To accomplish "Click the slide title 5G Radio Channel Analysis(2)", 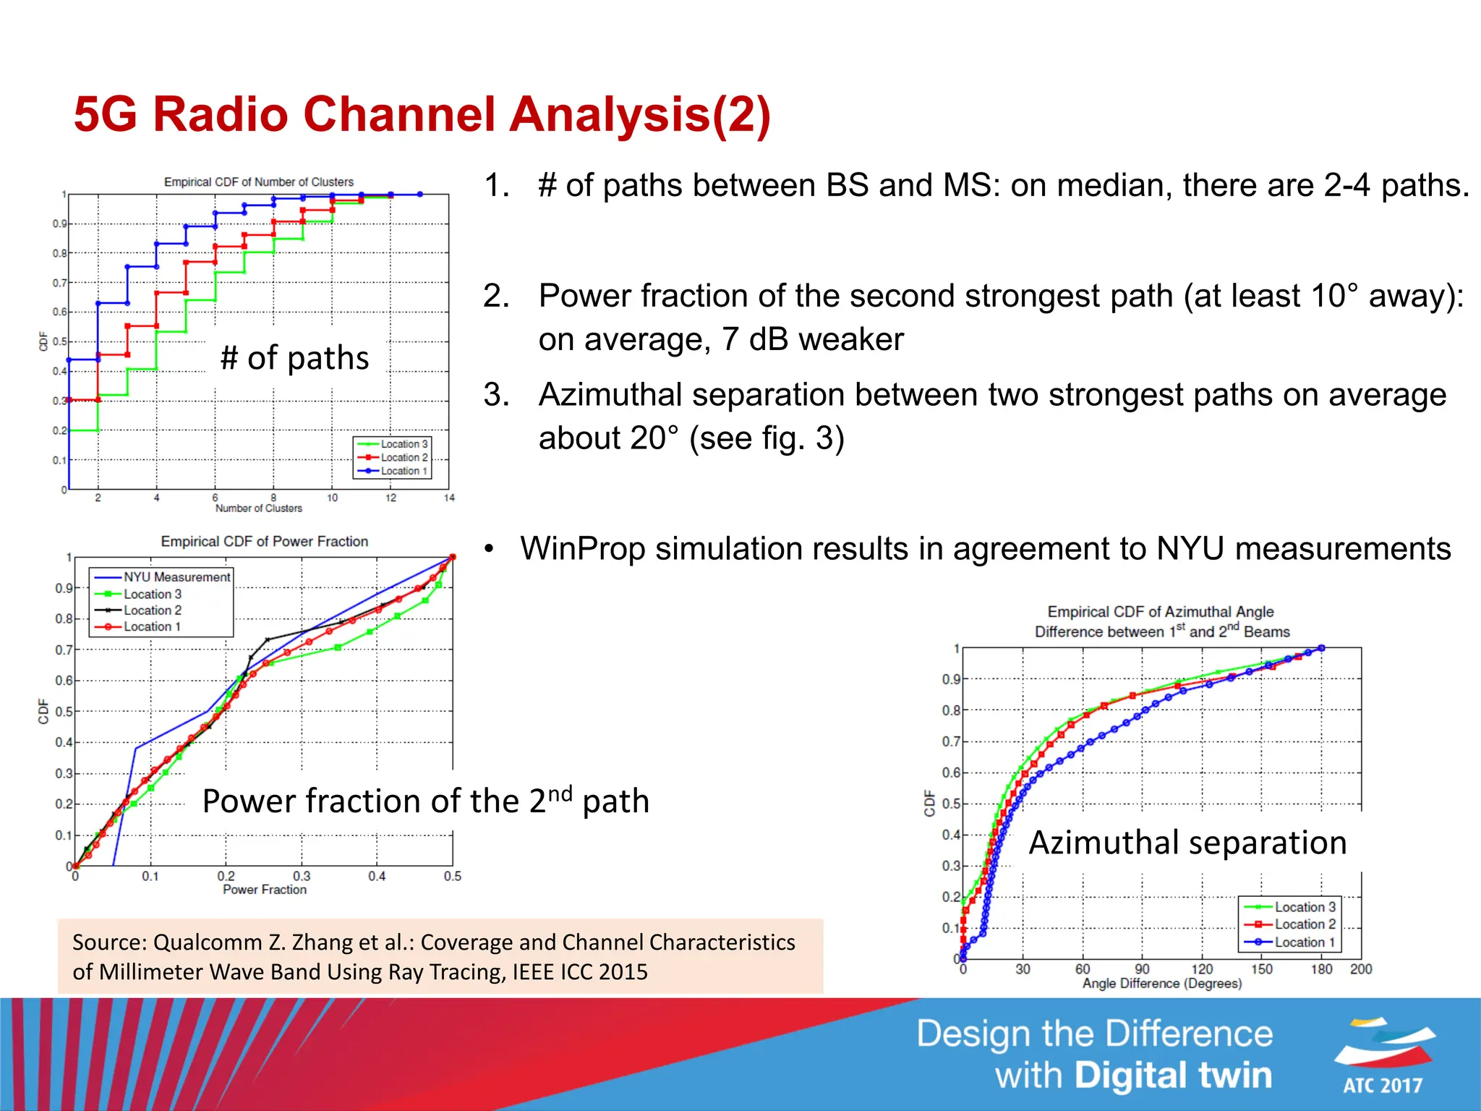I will click(x=422, y=114).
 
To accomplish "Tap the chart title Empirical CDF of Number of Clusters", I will click(x=259, y=182).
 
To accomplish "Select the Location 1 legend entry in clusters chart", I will click(x=404, y=471).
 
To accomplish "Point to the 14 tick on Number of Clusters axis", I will click(x=449, y=498).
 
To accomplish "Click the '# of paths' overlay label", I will click(x=294, y=358).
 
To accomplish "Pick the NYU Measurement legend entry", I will click(x=176, y=577).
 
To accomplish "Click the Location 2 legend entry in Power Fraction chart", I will click(x=152, y=610).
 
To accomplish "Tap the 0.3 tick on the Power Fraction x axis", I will click(x=302, y=876).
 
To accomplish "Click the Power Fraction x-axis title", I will click(x=265, y=890).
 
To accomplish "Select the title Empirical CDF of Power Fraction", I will click(x=265, y=542).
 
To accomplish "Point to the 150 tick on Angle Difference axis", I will click(x=1262, y=969).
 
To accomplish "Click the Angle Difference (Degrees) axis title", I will click(x=1162, y=984).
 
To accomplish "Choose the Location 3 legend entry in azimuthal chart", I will click(x=1305, y=907).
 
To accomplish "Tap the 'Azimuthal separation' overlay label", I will click(x=1187, y=843).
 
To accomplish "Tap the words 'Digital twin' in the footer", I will click(x=1173, y=1076).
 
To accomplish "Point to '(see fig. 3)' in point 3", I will click(x=767, y=438).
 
